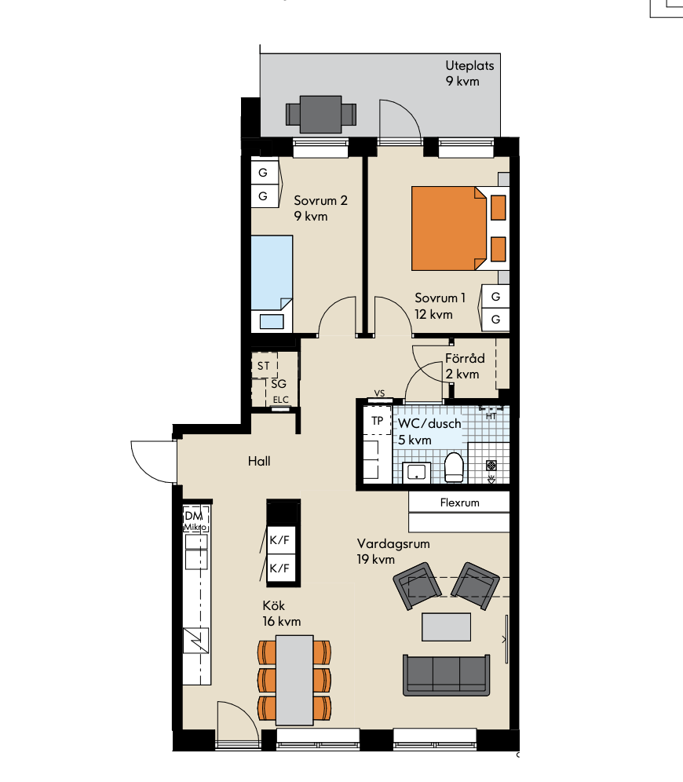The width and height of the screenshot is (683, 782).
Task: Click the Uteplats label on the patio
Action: (x=469, y=65)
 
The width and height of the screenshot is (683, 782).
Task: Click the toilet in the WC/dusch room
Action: (x=454, y=467)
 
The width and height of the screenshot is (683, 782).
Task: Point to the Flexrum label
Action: (x=460, y=502)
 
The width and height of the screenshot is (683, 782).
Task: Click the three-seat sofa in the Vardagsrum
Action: (x=446, y=675)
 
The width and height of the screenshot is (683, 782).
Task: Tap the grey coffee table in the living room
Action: (x=446, y=627)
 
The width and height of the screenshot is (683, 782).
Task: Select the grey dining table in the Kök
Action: (x=294, y=680)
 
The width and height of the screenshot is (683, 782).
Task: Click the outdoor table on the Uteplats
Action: (x=320, y=114)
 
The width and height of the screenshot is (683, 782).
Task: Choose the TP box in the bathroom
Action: (x=377, y=421)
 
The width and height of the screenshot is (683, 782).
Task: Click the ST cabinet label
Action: (x=263, y=366)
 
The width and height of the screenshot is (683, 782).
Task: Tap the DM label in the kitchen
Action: (x=193, y=516)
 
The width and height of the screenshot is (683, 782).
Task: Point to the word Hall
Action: (x=259, y=462)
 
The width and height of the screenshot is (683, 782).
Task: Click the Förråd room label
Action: (x=465, y=359)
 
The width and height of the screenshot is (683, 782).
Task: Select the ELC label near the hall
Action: (x=281, y=400)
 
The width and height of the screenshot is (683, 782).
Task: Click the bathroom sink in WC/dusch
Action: (x=416, y=472)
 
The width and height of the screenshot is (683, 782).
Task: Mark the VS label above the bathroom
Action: (x=379, y=393)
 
